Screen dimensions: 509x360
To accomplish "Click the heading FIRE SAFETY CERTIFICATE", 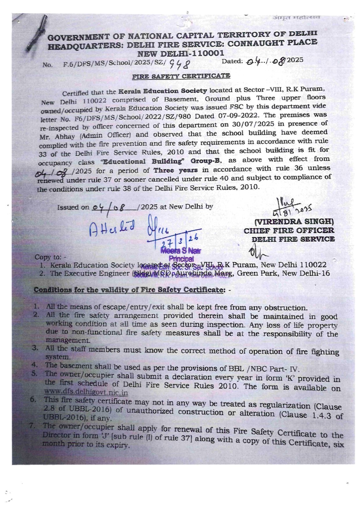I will point(181,76).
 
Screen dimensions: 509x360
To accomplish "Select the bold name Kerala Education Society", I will point(163,91).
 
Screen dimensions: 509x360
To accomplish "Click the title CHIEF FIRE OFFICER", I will point(289,230).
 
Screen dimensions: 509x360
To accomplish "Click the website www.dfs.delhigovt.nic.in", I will point(86,392).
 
